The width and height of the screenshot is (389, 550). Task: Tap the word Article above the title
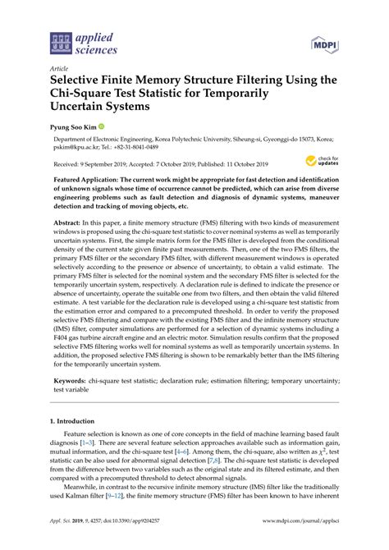60,68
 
